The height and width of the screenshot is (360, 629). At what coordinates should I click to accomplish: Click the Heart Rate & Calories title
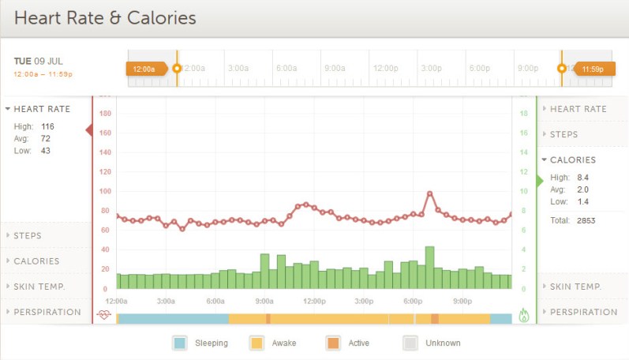pyautogui.click(x=105, y=17)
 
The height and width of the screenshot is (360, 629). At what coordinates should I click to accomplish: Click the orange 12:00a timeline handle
pyautogui.click(x=145, y=69)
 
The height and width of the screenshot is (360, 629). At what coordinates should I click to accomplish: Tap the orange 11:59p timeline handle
pyautogui.click(x=593, y=69)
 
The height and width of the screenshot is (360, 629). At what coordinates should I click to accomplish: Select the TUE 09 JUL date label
pyautogui.click(x=39, y=61)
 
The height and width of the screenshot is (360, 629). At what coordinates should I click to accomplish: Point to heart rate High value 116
pyautogui.click(x=47, y=126)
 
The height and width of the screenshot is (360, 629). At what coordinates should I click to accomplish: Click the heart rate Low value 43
pyautogui.click(x=45, y=151)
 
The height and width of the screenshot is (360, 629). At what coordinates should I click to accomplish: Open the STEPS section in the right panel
pyautogui.click(x=563, y=135)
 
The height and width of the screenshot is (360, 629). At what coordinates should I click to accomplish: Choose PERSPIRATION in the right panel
pyautogui.click(x=583, y=312)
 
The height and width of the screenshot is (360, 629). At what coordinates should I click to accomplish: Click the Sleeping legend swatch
pyautogui.click(x=180, y=343)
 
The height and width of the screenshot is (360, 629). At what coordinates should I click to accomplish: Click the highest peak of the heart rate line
pyautogui.click(x=430, y=193)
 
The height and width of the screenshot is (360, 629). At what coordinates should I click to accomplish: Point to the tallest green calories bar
pyautogui.click(x=430, y=268)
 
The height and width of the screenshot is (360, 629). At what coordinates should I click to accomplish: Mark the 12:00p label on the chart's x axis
pyautogui.click(x=314, y=302)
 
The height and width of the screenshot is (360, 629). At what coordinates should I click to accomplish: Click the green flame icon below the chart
pyautogui.click(x=524, y=315)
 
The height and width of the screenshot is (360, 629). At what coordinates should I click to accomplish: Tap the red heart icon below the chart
pyautogui.click(x=104, y=315)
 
